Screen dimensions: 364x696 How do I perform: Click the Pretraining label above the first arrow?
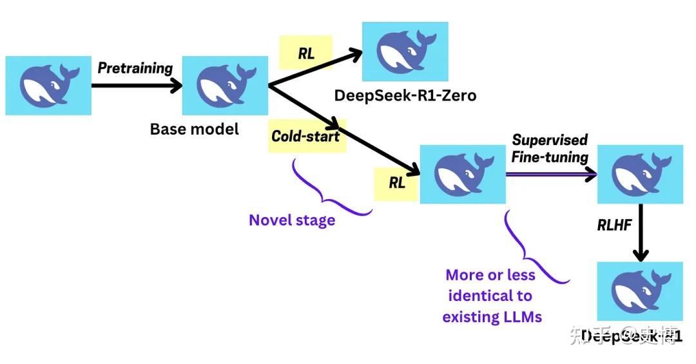pyautogui.click(x=135, y=68)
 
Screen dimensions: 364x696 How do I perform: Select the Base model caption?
pyautogui.click(x=194, y=129)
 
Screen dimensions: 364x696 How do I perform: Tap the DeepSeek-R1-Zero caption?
pyautogui.click(x=405, y=96)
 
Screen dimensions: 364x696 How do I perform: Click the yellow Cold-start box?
pyautogui.click(x=305, y=136)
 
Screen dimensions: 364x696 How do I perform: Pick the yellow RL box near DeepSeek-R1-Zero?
pyautogui.click(x=306, y=53)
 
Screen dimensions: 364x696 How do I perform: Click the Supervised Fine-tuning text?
pyautogui.click(x=550, y=149)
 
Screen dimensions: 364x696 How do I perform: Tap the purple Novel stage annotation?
pyautogui.click(x=292, y=220)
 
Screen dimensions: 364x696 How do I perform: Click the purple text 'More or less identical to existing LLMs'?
pyautogui.click(x=491, y=296)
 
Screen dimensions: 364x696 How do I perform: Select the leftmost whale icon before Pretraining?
pyautogui.click(x=48, y=86)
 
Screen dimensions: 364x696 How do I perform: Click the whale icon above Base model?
pyautogui.click(x=225, y=86)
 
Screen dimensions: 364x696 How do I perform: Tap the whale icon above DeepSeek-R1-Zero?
pyautogui.click(x=405, y=52)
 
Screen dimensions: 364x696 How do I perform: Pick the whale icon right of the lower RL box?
pyautogui.click(x=462, y=175)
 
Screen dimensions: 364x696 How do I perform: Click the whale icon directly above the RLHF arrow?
pyautogui.click(x=640, y=175)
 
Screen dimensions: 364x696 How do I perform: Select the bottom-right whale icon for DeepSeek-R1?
pyautogui.click(x=640, y=291)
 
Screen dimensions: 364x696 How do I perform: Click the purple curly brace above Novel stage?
pyautogui.click(x=329, y=190)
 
